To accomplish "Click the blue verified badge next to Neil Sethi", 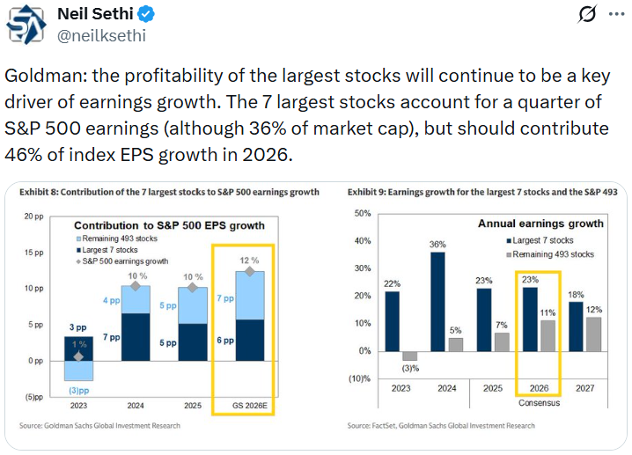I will pos(147,15).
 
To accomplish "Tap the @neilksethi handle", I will pos(101,36).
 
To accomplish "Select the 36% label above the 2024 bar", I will pos(437,245).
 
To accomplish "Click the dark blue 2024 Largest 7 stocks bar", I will pos(437,301).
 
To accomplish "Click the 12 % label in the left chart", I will pos(249,261).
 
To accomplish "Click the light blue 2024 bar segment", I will pos(135,299).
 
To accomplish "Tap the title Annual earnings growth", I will pos(540,224).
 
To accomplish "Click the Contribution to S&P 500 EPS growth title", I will pos(169,225).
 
